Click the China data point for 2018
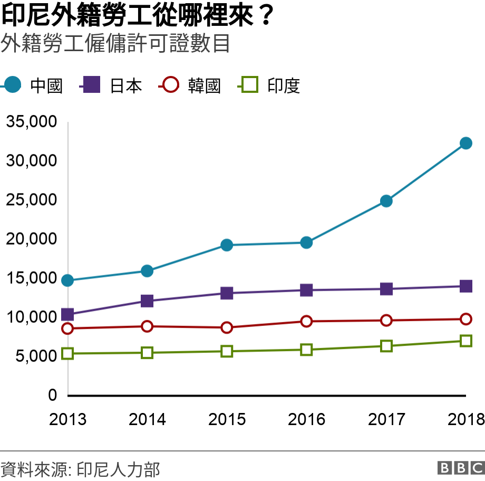[465, 143]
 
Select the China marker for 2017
[386, 201]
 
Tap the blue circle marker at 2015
[227, 245]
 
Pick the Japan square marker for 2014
[147, 301]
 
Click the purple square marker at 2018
[465, 286]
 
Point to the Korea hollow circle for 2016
[306, 321]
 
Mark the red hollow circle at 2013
[67, 329]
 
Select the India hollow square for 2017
[386, 346]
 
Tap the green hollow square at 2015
[227, 351]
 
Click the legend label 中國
[46, 85]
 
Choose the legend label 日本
[125, 85]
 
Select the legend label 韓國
[205, 85]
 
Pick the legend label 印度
[284, 85]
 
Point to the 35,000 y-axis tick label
[31, 122]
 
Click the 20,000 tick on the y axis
[31, 239]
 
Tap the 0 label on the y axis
[52, 395]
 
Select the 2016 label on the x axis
[306, 419]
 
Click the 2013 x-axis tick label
[67, 419]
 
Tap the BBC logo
[460, 468]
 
